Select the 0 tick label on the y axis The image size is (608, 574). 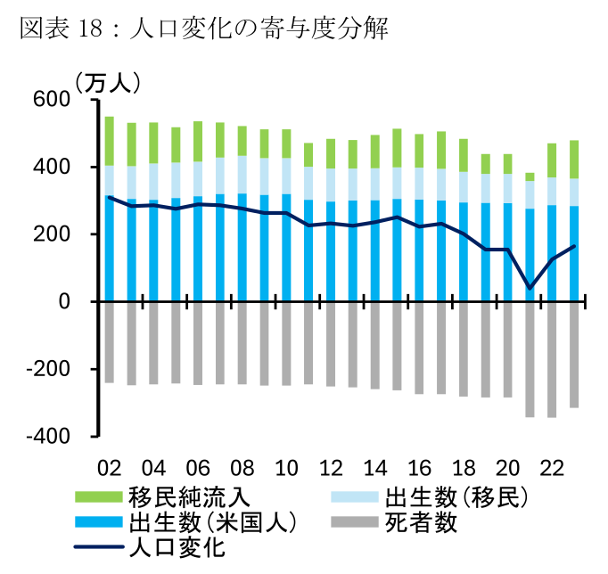65,301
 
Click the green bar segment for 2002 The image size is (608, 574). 109,141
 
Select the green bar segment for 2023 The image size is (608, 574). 574,160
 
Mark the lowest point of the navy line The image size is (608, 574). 530,288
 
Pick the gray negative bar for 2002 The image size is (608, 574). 109,342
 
